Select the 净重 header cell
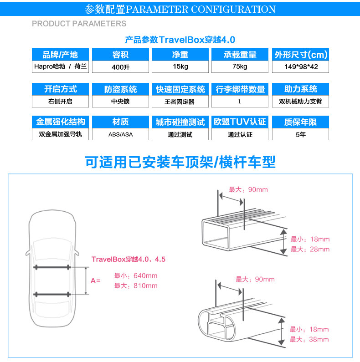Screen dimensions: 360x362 [x=180, y=55]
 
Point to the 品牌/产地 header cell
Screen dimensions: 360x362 [x=60, y=55]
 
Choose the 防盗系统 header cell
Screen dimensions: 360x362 [x=120, y=89]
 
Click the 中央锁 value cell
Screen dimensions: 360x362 [x=120, y=101]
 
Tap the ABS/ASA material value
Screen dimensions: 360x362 [x=120, y=134]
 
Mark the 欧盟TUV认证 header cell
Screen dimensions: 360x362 [x=240, y=122]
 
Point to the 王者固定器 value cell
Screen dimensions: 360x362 [x=180, y=101]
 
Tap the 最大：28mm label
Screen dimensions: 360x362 [x=310, y=249]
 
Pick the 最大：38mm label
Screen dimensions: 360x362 [x=310, y=339]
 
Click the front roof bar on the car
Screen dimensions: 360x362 [x=51, y=267]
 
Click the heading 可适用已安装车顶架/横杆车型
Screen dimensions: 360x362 [x=180, y=162]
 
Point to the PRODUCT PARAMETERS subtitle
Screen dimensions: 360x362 [x=79, y=23]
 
